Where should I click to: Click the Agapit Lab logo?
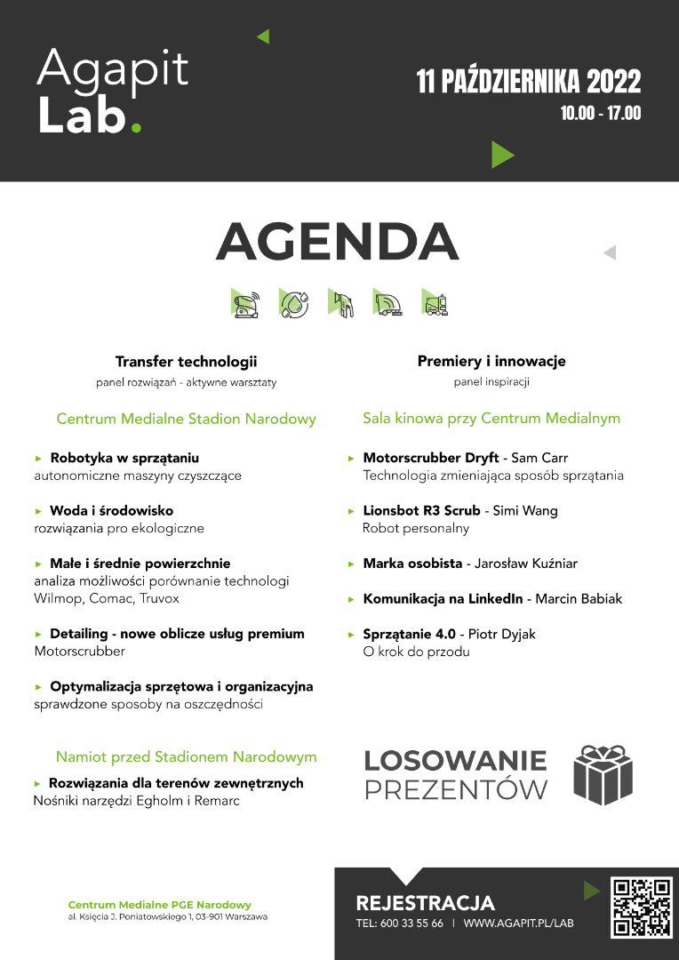112,92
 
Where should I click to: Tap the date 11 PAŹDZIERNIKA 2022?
529,83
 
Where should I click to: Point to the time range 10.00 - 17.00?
601,114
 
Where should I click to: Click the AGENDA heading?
338,241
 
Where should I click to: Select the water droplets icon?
293,303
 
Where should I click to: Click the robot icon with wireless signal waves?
245,303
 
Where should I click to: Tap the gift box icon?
603,774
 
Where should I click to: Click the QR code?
642,908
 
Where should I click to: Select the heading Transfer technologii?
186,362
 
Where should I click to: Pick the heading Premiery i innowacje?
491,362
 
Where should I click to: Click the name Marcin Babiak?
579,599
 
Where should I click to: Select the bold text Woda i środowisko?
112,511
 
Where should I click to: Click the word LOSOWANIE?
456,761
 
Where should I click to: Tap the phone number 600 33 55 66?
411,924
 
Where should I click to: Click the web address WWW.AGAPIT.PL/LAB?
519,924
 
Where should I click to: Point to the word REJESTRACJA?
425,903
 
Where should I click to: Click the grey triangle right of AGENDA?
610,253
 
